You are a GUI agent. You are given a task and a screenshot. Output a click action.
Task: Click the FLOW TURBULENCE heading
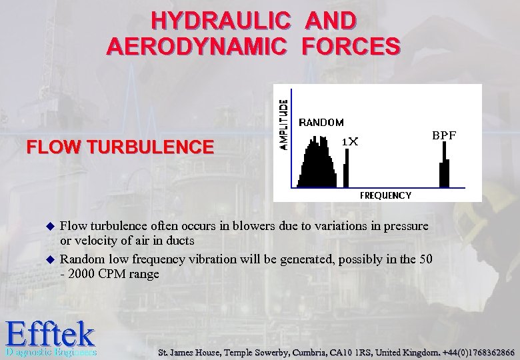click(x=121, y=146)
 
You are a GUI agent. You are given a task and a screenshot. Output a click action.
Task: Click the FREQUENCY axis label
click(x=385, y=195)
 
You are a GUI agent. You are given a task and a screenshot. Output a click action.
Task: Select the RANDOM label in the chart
click(x=321, y=123)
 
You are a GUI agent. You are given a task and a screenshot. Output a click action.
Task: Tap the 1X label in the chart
click(x=350, y=141)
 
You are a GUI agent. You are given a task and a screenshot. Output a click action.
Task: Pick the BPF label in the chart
click(x=444, y=135)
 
